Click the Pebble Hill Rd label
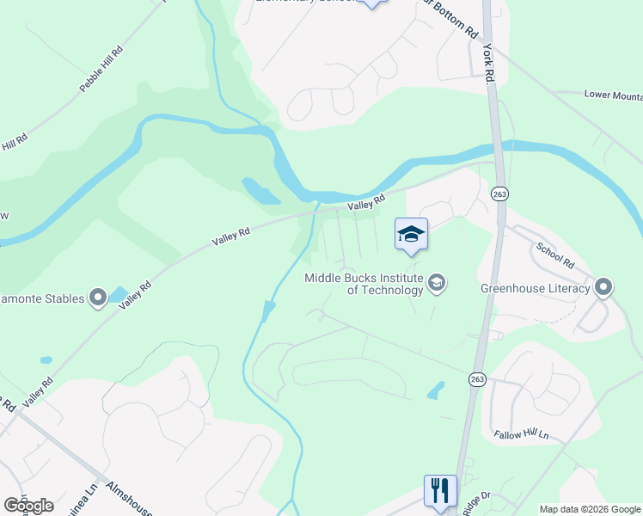coord(101,70)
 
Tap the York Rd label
coord(491,63)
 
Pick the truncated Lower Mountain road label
coord(612,95)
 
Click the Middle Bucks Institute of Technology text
coord(364,284)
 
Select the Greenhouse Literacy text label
coord(536,288)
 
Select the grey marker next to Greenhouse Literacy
coord(603,287)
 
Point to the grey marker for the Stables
coord(98,298)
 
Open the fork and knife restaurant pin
coord(440,491)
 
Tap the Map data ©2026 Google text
coord(590,509)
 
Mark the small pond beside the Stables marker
coord(118,294)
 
